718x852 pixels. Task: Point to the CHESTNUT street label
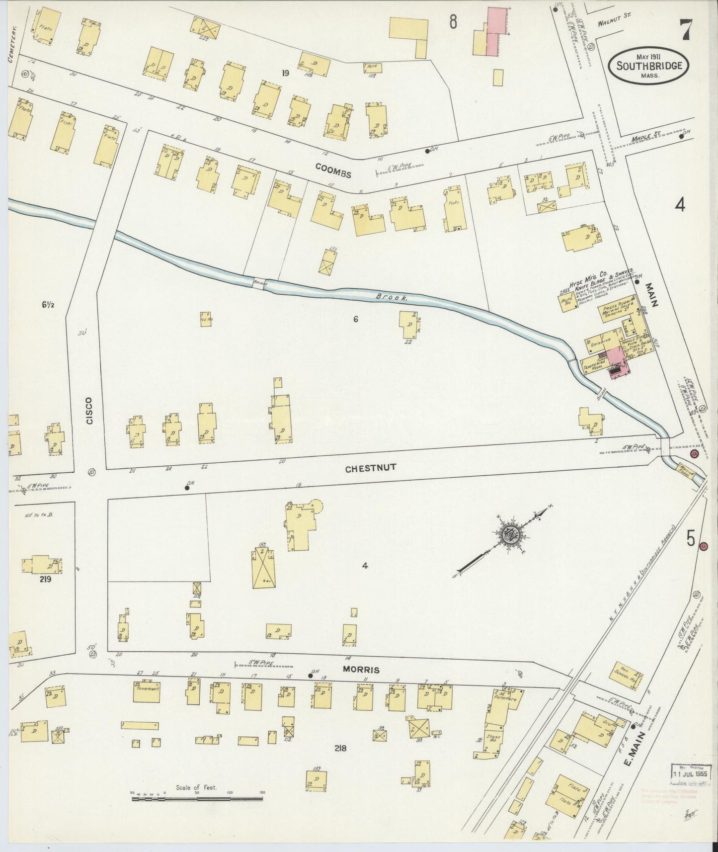coord(365,468)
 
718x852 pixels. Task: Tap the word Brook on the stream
coord(391,298)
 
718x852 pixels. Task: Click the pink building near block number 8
coord(497,31)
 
